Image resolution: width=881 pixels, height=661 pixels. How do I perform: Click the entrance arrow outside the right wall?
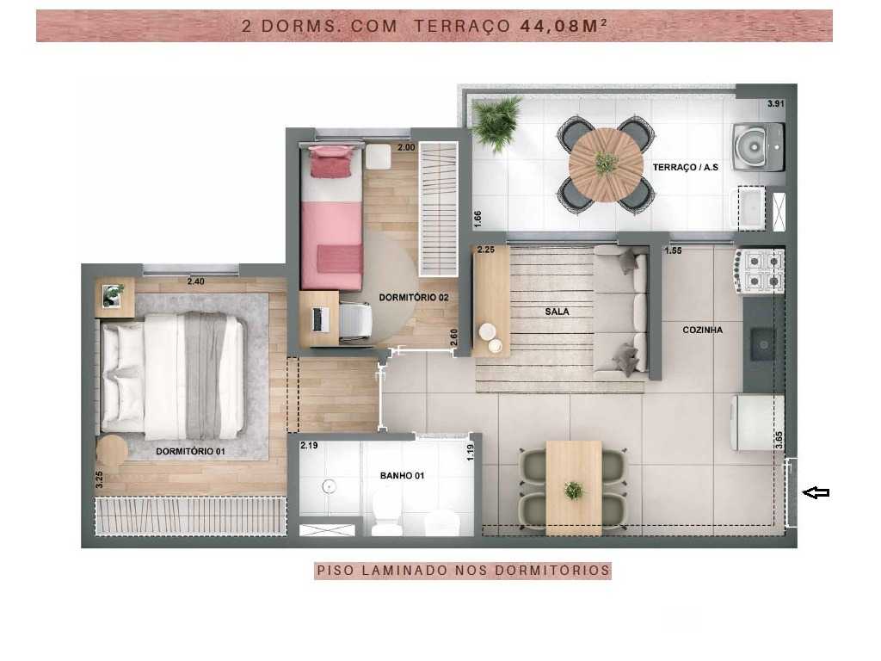816,492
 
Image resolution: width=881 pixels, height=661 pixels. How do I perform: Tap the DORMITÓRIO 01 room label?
191,451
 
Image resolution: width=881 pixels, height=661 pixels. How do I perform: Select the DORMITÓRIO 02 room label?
414,298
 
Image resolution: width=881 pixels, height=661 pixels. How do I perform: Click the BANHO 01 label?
402,475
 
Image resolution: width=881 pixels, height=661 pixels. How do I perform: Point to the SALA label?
557,312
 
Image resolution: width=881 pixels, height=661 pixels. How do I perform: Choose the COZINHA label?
702,330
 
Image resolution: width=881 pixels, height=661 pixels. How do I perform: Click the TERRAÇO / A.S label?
685,167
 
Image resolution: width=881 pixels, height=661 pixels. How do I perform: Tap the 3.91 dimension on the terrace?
775,104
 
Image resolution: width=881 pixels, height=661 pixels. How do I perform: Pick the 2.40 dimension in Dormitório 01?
197,281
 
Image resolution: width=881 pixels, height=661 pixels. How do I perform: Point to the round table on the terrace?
606,164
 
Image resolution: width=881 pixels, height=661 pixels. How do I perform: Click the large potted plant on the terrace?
497,122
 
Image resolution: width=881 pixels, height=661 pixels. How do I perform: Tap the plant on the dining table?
573,490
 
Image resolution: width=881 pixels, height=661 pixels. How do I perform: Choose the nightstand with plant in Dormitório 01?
113,295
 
